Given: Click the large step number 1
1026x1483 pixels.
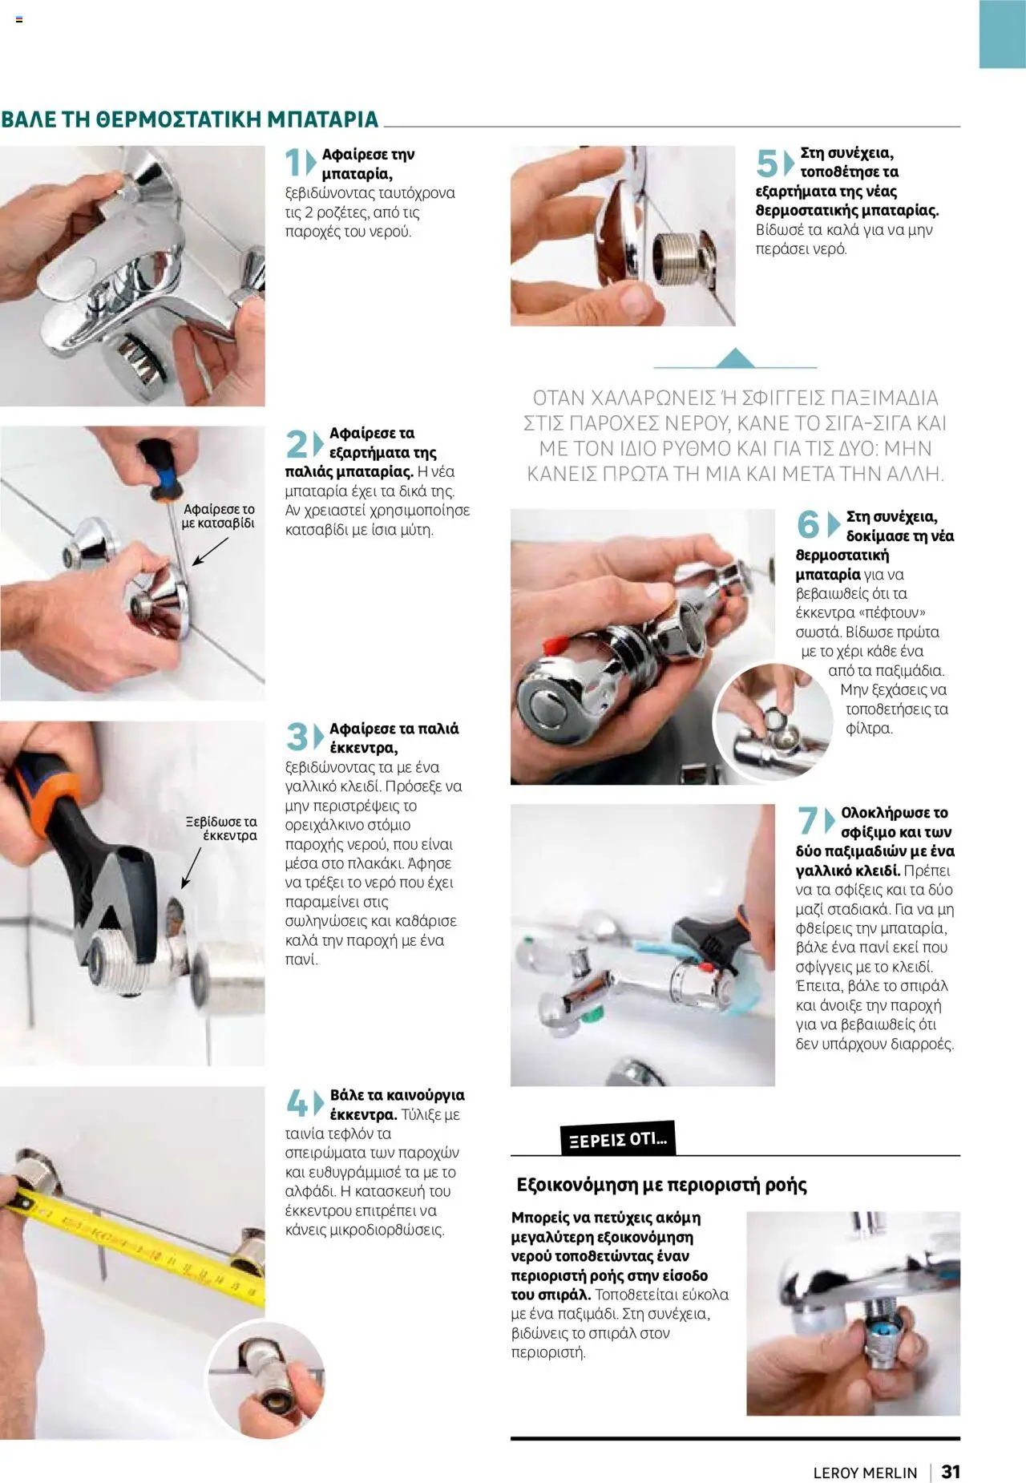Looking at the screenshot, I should pos(294,163).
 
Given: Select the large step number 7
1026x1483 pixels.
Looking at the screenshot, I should pos(806,821).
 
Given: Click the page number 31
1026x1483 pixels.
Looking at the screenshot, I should pos(951,1471).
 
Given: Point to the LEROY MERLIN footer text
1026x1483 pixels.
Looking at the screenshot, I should pos(864,1473).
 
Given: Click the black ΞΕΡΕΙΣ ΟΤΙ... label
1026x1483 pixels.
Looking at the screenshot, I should pos(617,1139).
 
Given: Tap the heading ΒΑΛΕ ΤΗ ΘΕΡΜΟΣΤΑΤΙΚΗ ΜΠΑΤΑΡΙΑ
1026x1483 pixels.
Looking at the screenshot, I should pos(190,119).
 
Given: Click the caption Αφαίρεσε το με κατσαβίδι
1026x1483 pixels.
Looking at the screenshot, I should pos(218,516).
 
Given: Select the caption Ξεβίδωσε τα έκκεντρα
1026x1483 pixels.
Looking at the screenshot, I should pos(221,828).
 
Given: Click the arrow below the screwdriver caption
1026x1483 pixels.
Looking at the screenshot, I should pos(209,552).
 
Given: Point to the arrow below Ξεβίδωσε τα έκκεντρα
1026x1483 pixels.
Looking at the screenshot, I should pos(191,867).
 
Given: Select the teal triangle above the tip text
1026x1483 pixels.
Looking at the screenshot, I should pos(734,358).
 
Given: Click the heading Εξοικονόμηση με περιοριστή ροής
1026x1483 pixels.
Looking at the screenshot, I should pos(661,1185).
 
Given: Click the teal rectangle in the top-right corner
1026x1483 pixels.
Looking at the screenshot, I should pos(1002,34).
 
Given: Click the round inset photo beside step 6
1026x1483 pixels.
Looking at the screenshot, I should pos(772,721).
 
